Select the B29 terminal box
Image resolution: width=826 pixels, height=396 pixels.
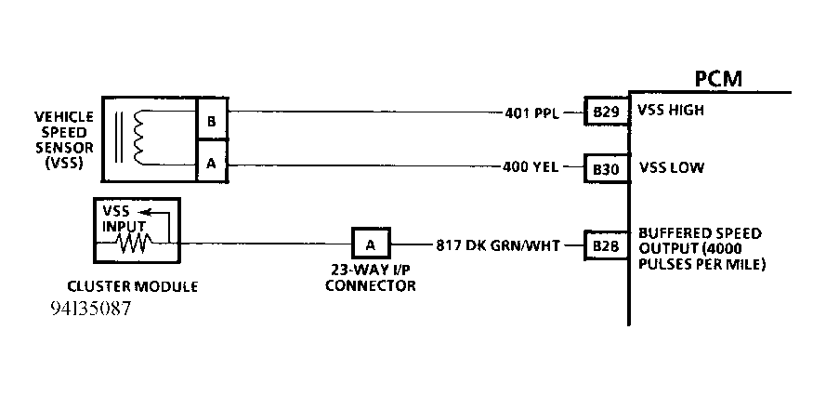pos(601,112)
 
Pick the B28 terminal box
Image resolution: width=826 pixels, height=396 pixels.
pos(601,246)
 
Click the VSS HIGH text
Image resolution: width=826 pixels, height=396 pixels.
pos(672,111)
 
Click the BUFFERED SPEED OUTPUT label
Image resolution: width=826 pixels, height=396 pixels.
pos(701,247)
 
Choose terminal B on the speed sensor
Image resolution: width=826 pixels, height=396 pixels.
pos(211,122)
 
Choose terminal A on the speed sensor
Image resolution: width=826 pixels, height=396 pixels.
pos(211,163)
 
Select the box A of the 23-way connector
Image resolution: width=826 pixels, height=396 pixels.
pos(371,244)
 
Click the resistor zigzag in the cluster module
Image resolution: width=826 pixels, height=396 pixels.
pos(133,244)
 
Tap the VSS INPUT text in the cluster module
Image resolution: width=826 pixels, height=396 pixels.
pos(119,218)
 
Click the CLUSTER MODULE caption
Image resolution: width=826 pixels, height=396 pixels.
pos(134,287)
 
